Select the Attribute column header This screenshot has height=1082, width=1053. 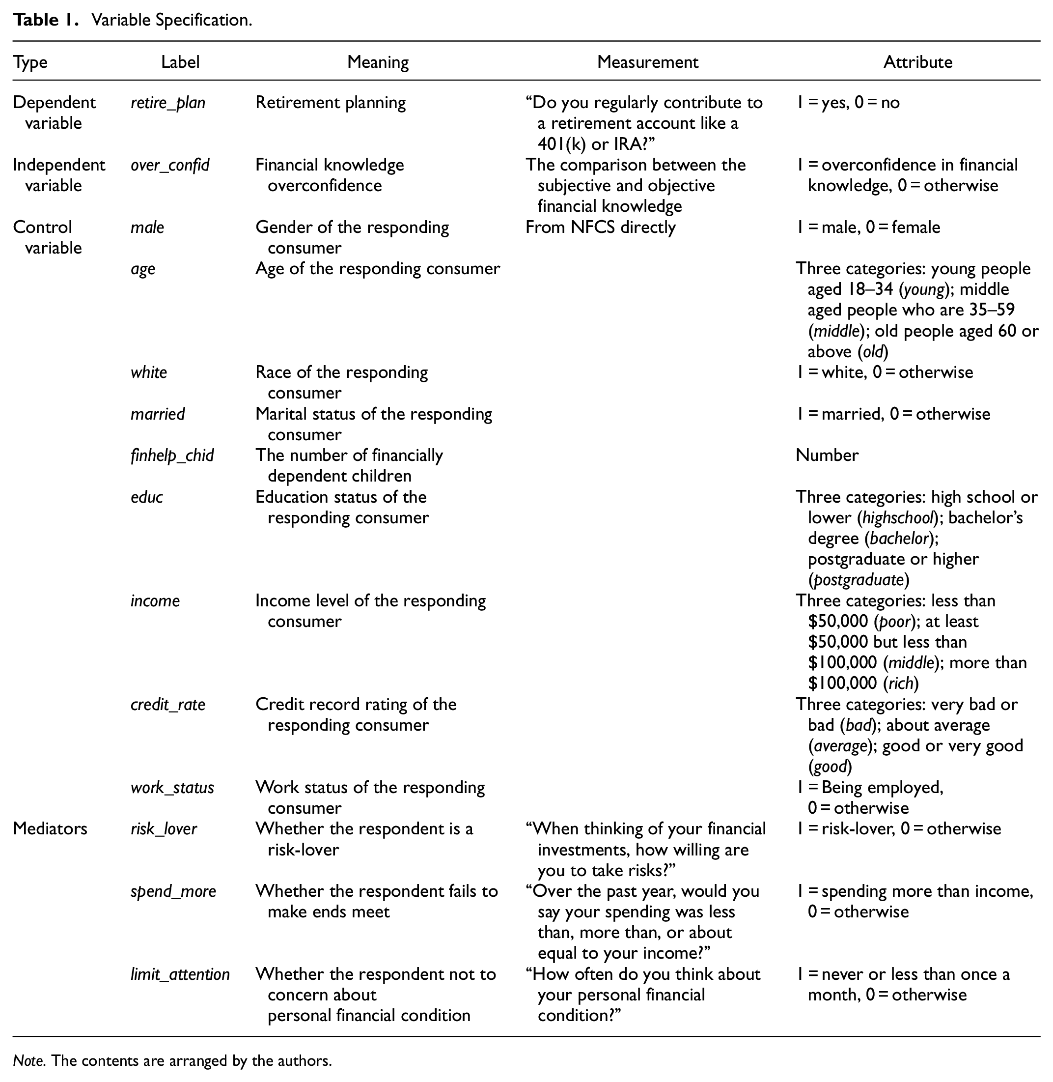click(917, 62)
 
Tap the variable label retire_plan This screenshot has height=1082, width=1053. click(167, 103)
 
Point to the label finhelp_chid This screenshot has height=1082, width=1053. click(172, 456)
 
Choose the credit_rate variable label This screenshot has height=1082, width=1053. click(167, 705)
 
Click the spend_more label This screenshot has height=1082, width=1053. click(172, 891)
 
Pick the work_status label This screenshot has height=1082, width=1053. click(172, 788)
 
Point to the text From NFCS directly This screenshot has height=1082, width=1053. click(600, 228)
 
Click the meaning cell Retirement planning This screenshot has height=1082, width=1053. click(330, 103)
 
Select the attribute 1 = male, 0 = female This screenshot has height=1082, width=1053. click(868, 228)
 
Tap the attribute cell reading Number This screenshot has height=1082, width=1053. click(827, 456)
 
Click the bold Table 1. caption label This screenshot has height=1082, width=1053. click(44, 21)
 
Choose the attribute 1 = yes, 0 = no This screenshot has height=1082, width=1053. click(848, 103)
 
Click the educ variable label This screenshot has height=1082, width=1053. click(146, 497)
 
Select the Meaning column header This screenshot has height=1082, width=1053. click(378, 62)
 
